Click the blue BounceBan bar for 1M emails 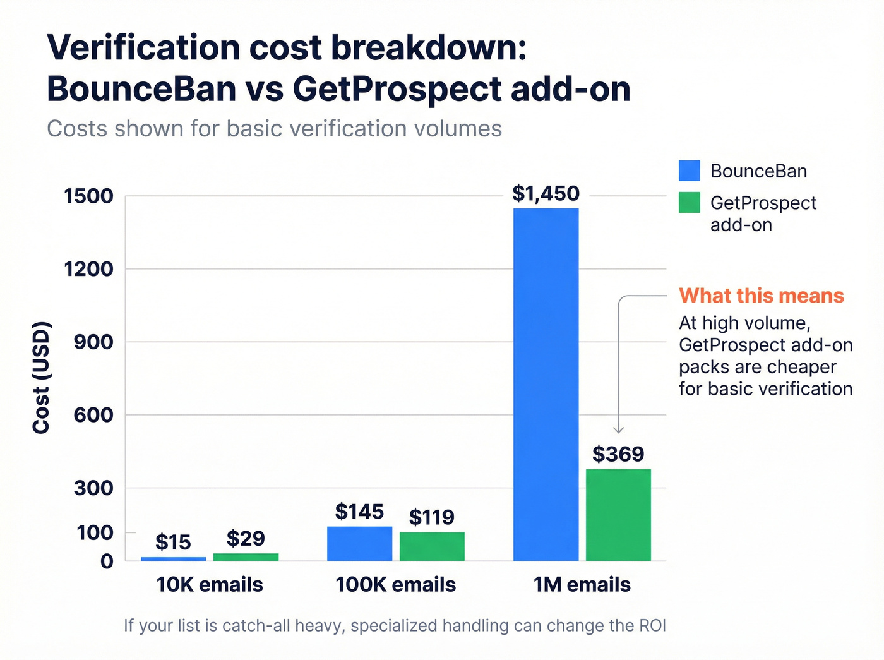pyautogui.click(x=546, y=384)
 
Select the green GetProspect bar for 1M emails pyautogui.click(x=618, y=515)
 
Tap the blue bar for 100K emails pyautogui.click(x=359, y=543)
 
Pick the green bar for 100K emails pyautogui.click(x=432, y=546)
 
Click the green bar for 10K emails pyautogui.click(x=246, y=557)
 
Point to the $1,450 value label pyautogui.click(x=546, y=193)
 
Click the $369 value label pyautogui.click(x=618, y=454)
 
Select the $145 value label pyautogui.click(x=359, y=512)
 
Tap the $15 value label pyautogui.click(x=173, y=542)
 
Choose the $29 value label pyautogui.click(x=246, y=538)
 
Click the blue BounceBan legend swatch pyautogui.click(x=689, y=171)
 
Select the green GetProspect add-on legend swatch pyautogui.click(x=689, y=203)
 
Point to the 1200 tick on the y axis pyautogui.click(x=88, y=269)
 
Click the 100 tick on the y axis pyautogui.click(x=95, y=532)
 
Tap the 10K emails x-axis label pyautogui.click(x=210, y=585)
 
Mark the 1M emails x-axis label pyautogui.click(x=582, y=585)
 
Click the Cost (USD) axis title pyautogui.click(x=41, y=378)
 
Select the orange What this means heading pyautogui.click(x=762, y=296)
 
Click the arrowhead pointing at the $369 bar pyautogui.click(x=619, y=430)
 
